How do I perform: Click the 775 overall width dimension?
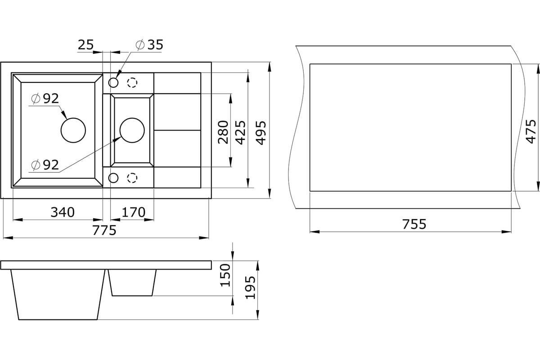pos(104,230)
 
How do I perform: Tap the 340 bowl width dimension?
pos(63,212)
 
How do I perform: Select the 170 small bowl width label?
pos(134,212)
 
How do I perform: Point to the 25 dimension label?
pos(85,45)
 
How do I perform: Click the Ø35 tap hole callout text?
pos(149,45)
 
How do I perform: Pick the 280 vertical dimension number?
pos(223,132)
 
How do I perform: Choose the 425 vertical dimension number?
pos(240,132)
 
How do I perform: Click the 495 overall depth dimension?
pos(261,133)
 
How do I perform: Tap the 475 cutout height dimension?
pos(531,131)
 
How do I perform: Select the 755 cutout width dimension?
pos(414,224)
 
